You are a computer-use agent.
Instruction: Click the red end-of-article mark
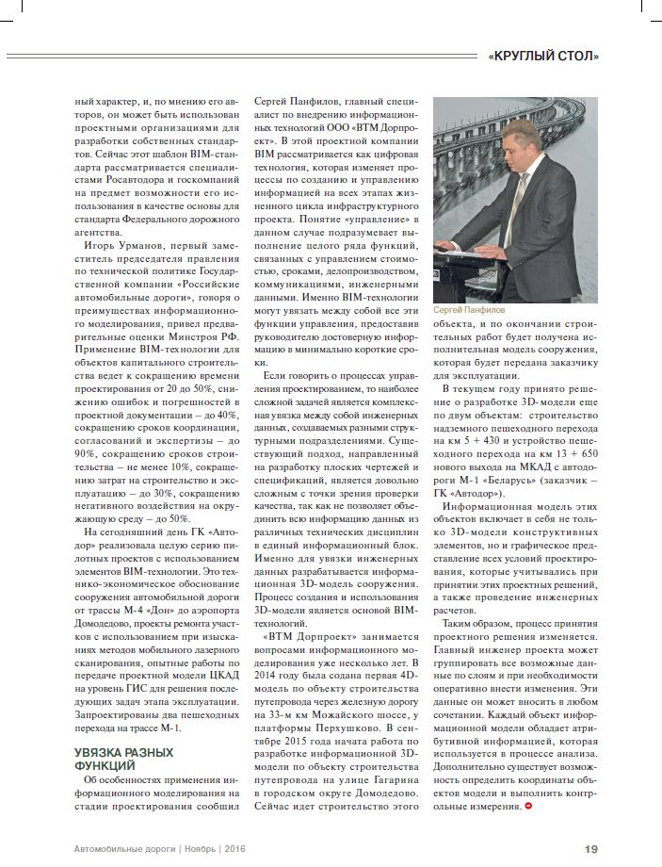529,807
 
